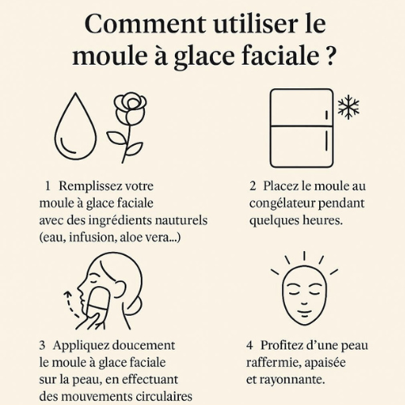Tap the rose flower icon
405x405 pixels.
pyautogui.click(x=127, y=127)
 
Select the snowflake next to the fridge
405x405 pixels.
pyautogui.click(x=348, y=107)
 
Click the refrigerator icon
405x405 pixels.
pyautogui.click(x=302, y=128)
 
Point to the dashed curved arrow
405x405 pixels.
pyautogui.click(x=69, y=304)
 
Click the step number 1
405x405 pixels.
pyautogui.click(x=48, y=186)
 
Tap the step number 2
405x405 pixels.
pyautogui.click(x=253, y=186)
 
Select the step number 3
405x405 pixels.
pyautogui.click(x=42, y=345)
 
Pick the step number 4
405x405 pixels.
pyautogui.click(x=249, y=345)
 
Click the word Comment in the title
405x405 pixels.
pyautogui.click(x=145, y=23)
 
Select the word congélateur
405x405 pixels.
pyautogui.click(x=282, y=204)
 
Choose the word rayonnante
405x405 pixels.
pyautogui.click(x=292, y=380)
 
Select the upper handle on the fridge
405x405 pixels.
pyautogui.click(x=326, y=115)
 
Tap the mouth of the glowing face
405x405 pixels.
pyautogui.click(x=305, y=313)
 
